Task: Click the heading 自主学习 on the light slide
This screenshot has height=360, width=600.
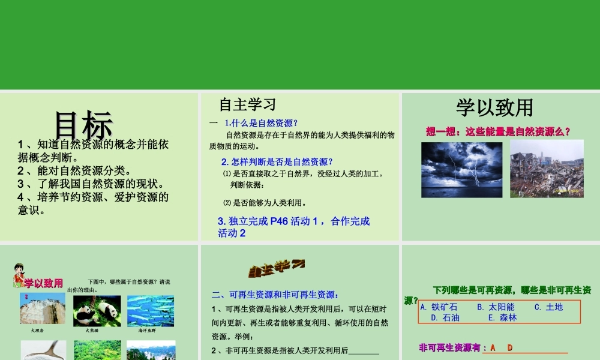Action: click(x=247, y=104)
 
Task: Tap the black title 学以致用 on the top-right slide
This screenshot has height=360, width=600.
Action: click(x=494, y=107)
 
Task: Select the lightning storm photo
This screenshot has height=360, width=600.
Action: click(x=461, y=170)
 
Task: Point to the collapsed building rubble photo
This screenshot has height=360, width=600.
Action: click(x=547, y=169)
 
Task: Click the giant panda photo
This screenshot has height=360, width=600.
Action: click(x=96, y=311)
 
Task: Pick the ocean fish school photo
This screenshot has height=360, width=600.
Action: click(x=151, y=311)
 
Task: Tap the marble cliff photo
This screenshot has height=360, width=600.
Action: click(x=43, y=308)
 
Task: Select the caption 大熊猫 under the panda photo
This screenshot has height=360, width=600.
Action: click(x=91, y=331)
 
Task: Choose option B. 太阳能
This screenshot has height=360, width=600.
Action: click(x=496, y=307)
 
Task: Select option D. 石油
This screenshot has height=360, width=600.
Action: click(x=445, y=317)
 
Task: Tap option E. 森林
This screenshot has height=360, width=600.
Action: click(x=502, y=317)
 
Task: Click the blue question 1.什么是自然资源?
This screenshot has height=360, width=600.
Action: click(x=261, y=123)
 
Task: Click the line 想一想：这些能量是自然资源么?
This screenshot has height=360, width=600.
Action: click(x=497, y=131)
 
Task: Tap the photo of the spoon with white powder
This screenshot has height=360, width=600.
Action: click(x=44, y=350)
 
